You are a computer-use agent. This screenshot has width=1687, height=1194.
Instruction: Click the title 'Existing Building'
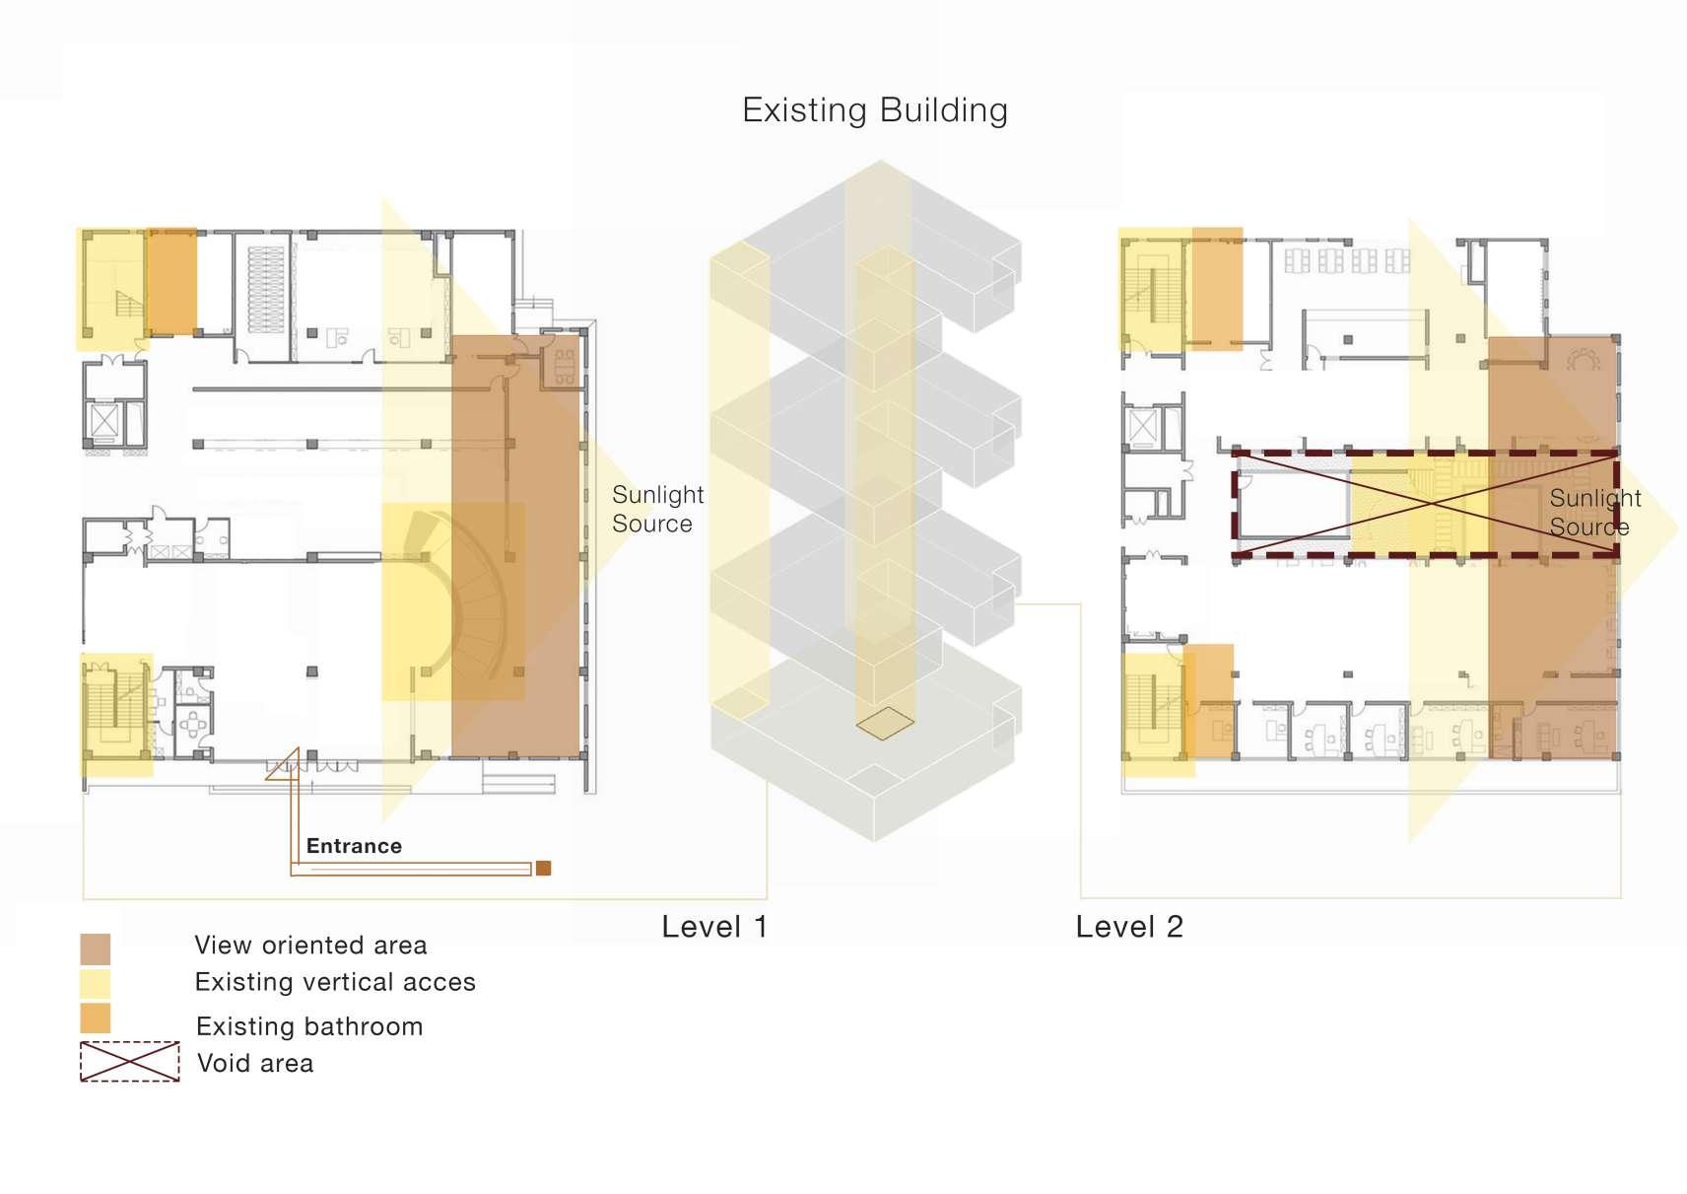874,110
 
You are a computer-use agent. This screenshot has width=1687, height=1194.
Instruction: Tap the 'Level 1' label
713,927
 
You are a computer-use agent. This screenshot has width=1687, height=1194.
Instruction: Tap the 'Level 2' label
1128,927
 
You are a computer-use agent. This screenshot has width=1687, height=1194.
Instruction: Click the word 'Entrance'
354,846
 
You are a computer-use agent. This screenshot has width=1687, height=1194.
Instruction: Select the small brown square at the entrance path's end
543,868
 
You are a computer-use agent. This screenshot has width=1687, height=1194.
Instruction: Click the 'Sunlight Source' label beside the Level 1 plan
657,509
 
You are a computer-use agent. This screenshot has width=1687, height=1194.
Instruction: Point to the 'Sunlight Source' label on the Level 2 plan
1593,513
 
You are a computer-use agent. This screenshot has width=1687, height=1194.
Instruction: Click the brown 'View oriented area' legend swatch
96,948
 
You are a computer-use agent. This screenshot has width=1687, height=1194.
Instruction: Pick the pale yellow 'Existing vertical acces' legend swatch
96,983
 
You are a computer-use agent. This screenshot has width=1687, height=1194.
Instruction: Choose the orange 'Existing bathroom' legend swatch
96,1018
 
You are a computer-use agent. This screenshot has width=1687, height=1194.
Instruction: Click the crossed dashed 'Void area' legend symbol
130,1062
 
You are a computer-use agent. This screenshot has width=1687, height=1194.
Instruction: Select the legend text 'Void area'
255,1063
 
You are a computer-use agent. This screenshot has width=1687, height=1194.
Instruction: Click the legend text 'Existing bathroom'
309,1026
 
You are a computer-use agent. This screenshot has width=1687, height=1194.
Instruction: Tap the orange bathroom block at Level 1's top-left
171,282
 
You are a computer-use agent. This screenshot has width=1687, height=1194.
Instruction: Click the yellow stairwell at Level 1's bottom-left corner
116,714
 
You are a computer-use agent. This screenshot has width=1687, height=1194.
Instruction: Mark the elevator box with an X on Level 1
104,420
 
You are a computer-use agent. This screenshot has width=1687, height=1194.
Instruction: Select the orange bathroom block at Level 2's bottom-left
1211,700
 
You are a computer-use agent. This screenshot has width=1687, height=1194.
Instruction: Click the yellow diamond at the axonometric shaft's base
885,723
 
